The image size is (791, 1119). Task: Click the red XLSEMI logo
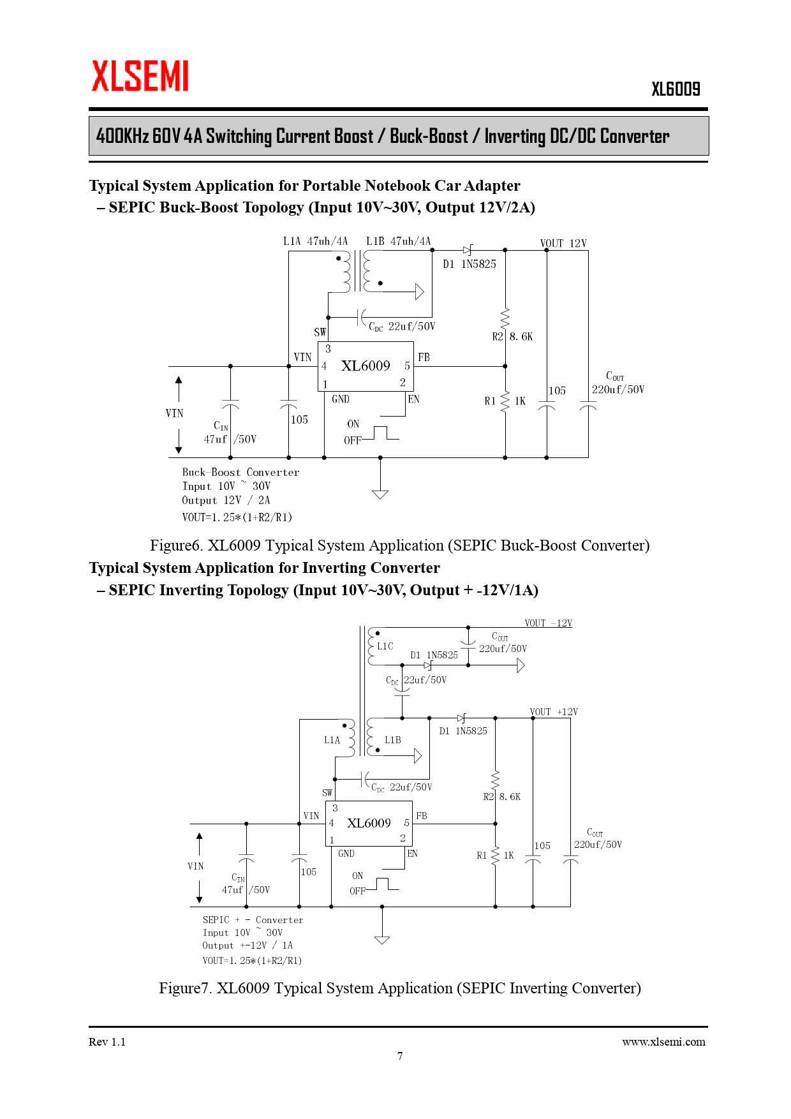point(140,76)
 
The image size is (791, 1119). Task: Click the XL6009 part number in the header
point(676,89)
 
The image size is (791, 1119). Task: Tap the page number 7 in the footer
point(400,1056)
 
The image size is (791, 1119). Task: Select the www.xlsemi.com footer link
point(663,1042)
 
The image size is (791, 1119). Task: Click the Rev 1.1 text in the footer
point(107,1042)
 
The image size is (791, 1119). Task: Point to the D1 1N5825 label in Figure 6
point(469,264)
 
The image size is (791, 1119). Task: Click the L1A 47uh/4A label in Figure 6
point(315,241)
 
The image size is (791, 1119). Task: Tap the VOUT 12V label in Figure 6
point(563,243)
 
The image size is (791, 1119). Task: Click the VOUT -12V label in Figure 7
point(548,623)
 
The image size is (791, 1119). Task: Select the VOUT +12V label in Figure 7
point(554,712)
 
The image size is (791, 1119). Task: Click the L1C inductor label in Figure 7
point(385,646)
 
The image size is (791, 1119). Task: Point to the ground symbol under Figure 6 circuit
point(380,493)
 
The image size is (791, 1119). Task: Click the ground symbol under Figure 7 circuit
point(382,939)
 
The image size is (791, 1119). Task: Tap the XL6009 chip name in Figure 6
point(366,366)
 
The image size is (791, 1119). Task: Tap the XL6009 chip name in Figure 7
point(369,823)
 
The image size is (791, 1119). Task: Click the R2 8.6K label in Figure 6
point(512,336)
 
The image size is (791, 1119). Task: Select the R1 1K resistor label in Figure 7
point(496,856)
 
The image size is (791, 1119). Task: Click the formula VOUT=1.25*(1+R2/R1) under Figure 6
point(237,517)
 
